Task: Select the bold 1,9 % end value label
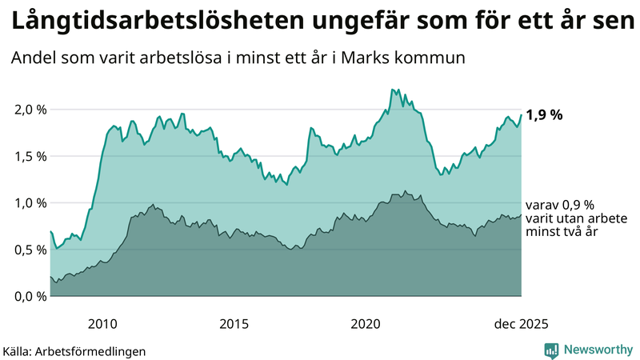(545, 114)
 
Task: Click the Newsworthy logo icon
(551, 350)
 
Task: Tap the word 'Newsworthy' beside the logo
(598, 350)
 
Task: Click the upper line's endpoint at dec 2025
(522, 114)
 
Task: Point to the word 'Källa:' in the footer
(20, 350)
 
